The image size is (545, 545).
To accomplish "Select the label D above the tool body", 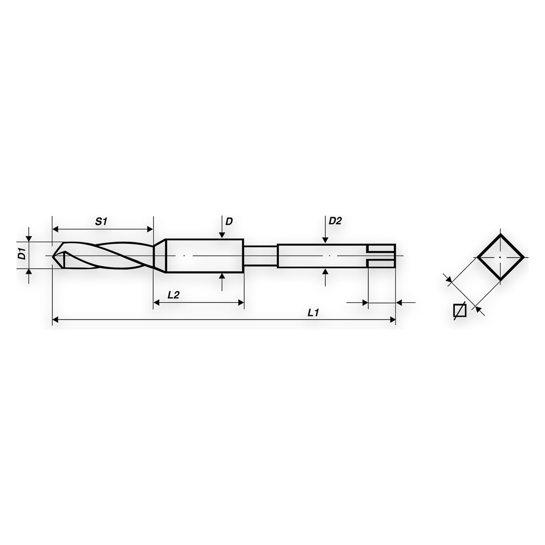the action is pos(229,222).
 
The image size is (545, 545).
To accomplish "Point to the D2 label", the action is pos(335,221).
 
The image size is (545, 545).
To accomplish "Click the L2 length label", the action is pos(174,295).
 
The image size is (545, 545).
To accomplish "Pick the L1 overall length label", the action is pos(313,313).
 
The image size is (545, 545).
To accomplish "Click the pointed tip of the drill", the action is pos(53,256).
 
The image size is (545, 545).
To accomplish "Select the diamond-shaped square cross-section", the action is pos(501,258).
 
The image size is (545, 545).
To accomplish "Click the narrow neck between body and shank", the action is pos(260,256).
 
